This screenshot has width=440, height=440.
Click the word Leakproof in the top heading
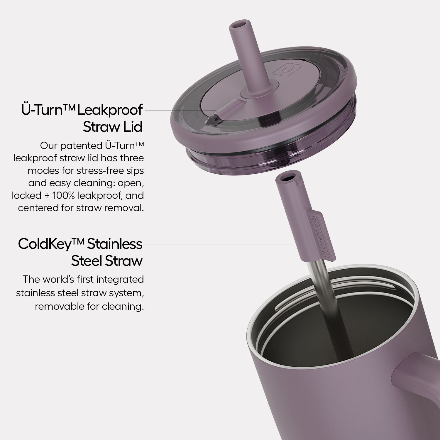110,110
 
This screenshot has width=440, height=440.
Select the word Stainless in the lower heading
115,244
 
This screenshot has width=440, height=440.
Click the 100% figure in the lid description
63,195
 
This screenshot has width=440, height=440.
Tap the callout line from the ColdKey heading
220,244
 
